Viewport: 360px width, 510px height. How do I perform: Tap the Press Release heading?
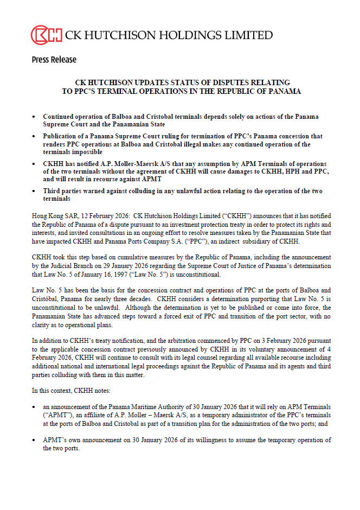tap(54, 60)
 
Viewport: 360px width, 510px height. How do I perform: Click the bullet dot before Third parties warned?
tap(35, 192)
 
